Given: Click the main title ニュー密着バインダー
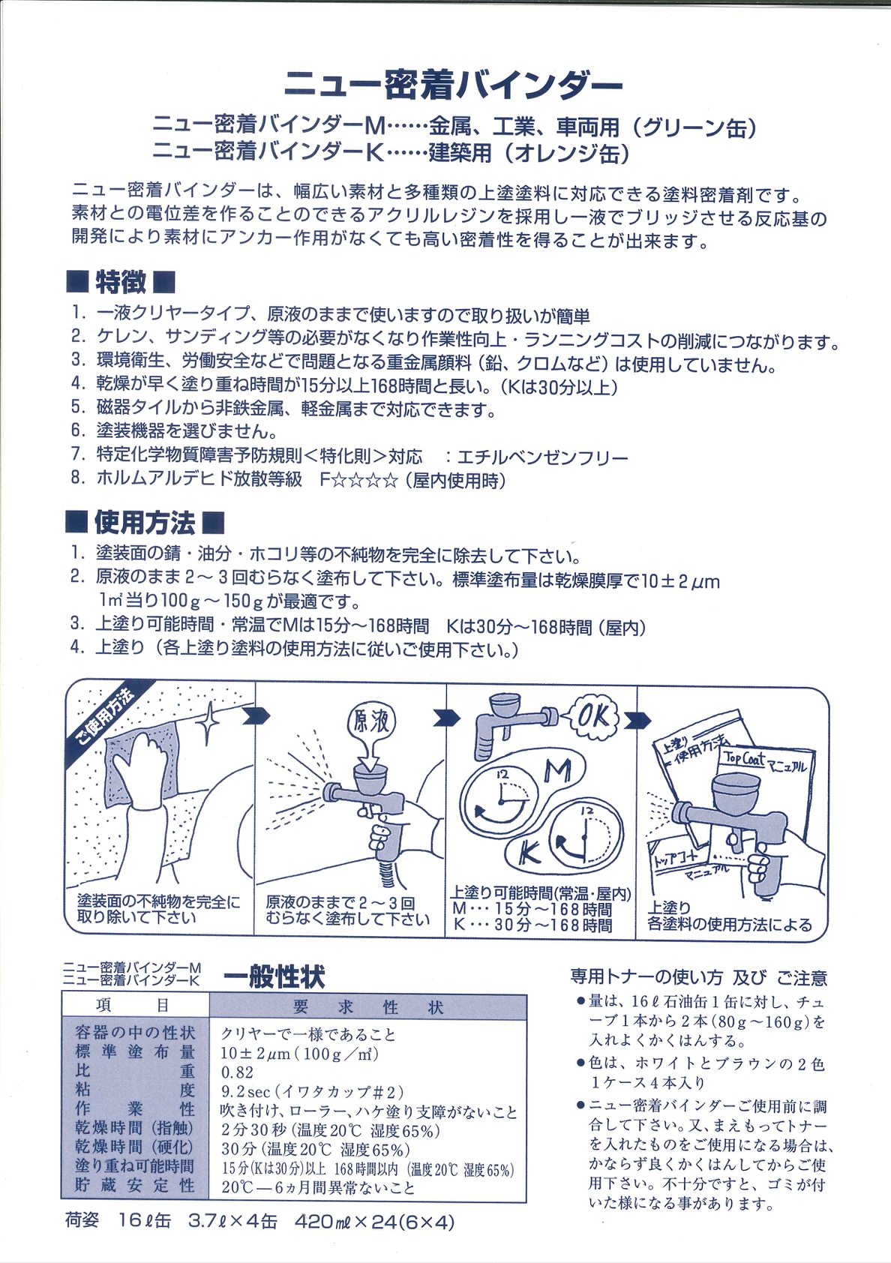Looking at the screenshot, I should click(x=452, y=85).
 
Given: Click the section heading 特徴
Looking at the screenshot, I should click(x=121, y=283).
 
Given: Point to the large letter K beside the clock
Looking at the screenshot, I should click(x=529, y=853).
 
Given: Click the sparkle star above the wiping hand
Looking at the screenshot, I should click(x=208, y=721).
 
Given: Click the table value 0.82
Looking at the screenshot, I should click(x=237, y=1072).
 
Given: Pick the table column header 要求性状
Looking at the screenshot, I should click(x=367, y=1007).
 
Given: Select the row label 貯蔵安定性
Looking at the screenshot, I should click(x=135, y=1186).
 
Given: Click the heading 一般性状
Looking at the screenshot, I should click(x=274, y=977).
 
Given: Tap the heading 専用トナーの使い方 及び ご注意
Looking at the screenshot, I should click(x=698, y=977).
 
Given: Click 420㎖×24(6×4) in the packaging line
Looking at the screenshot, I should click(x=374, y=1222).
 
